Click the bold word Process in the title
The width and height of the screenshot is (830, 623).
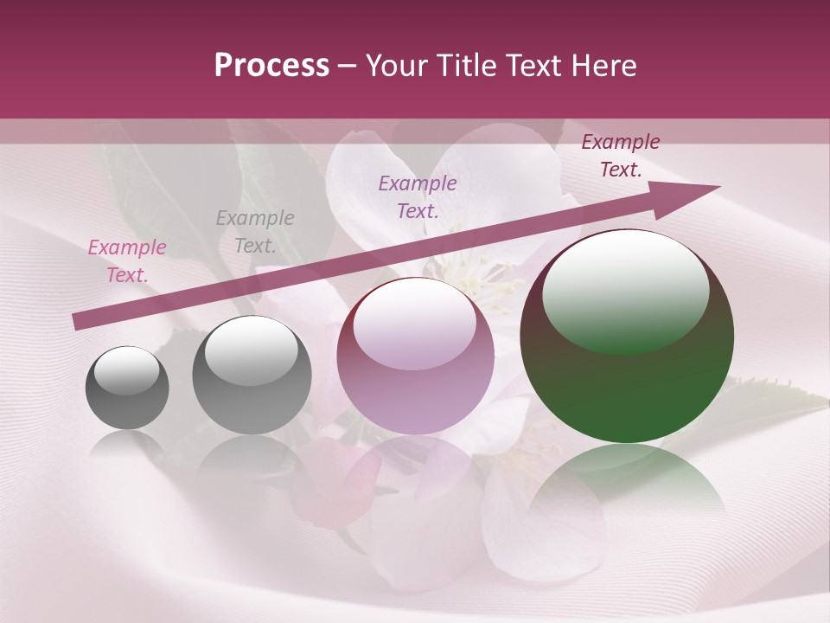pyautogui.click(x=271, y=66)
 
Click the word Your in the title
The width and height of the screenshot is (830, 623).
pyautogui.click(x=395, y=66)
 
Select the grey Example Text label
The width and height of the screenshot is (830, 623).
pyautogui.click(x=255, y=232)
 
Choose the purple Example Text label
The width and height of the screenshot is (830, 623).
pyautogui.click(x=418, y=196)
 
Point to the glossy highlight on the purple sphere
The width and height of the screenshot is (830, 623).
pyautogui.click(x=415, y=322)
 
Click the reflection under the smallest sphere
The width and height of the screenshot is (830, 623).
pyautogui.click(x=127, y=443)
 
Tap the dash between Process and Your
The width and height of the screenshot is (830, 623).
pyautogui.click(x=348, y=66)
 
